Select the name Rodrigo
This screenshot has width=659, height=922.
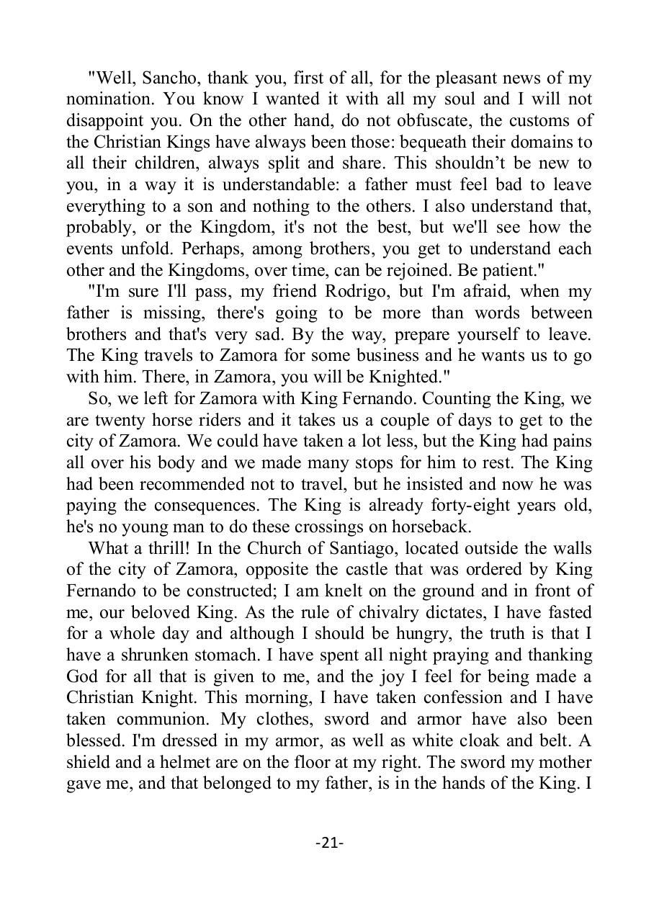click(x=372, y=292)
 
